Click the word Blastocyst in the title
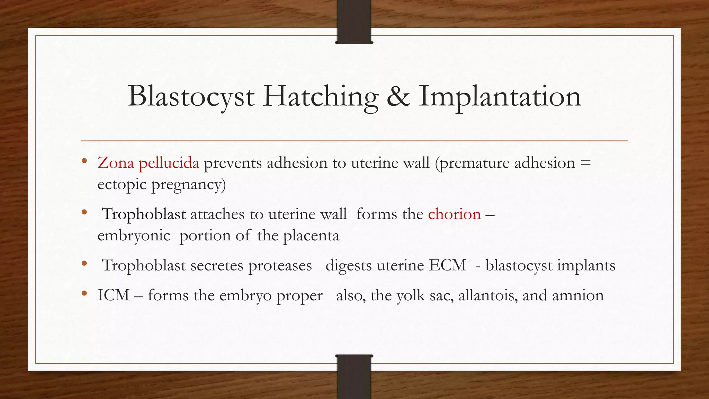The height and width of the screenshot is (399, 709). [191, 97]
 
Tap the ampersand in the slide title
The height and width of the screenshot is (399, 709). [398, 96]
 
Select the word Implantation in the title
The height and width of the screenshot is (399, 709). [500, 97]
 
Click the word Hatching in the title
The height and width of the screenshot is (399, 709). [320, 97]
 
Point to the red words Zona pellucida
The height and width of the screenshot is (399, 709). [148, 163]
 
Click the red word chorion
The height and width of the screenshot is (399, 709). [454, 214]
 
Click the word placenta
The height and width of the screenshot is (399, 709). [311, 236]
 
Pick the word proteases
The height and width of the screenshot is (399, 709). [280, 265]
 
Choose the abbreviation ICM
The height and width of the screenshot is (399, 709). [113, 295]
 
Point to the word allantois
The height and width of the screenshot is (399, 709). [488, 295]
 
